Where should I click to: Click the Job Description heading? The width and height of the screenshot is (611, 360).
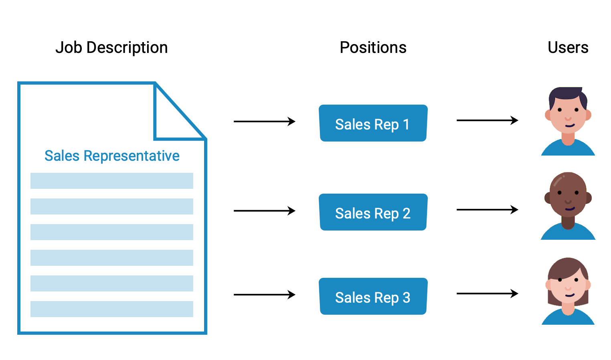pyautogui.click(x=111, y=48)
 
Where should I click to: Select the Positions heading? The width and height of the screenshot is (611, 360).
pyautogui.click(x=373, y=48)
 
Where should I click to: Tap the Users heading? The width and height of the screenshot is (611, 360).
pyautogui.click(x=568, y=48)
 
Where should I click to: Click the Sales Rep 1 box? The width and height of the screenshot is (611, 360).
pyautogui.click(x=373, y=123)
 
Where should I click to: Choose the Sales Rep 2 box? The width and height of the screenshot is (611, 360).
pyautogui.click(x=373, y=212)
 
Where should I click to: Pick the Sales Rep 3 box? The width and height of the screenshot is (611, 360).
pyautogui.click(x=373, y=297)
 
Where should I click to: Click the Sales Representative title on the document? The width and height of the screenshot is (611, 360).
pyautogui.click(x=112, y=156)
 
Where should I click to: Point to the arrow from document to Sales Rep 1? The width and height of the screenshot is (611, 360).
pyautogui.click(x=264, y=121)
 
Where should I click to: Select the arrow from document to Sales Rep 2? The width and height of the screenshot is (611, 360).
pyautogui.click(x=264, y=211)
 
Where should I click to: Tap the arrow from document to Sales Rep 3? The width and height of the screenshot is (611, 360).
pyautogui.click(x=264, y=295)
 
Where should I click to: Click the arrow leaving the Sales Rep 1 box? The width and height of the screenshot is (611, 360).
pyautogui.click(x=487, y=120)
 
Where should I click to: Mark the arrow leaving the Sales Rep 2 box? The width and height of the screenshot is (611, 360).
pyautogui.click(x=487, y=210)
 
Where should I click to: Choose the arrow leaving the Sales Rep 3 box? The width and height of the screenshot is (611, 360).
pyautogui.click(x=487, y=294)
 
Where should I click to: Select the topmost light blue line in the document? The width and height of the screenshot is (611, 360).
pyautogui.click(x=112, y=181)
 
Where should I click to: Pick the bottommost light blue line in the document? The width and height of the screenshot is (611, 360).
pyautogui.click(x=112, y=309)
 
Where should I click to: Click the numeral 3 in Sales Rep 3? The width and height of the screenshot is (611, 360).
pyautogui.click(x=406, y=297)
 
